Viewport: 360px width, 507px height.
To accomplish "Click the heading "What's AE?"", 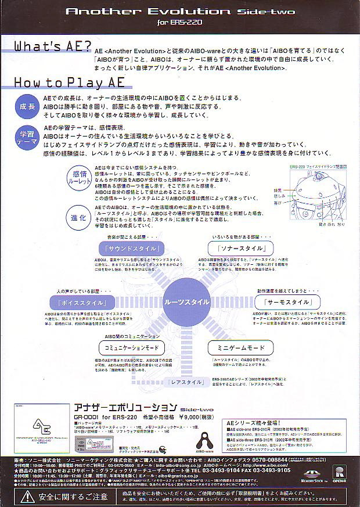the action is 52,46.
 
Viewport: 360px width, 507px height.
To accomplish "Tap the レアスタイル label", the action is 188,383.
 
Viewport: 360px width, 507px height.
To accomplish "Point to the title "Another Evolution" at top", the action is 149,11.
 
